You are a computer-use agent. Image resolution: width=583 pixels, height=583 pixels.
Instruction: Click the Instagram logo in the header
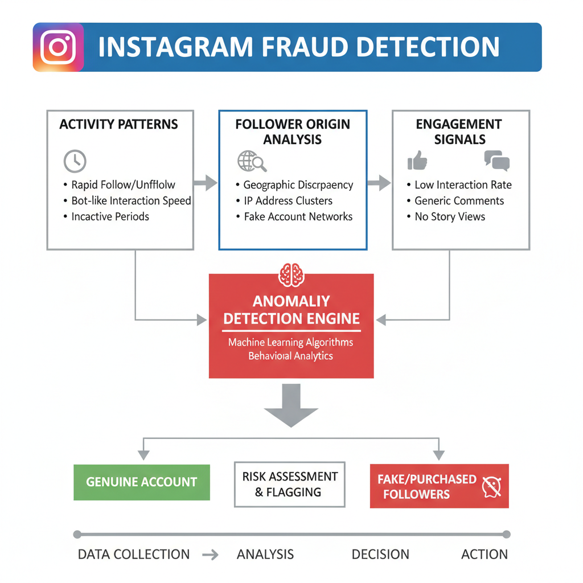[x=59, y=47]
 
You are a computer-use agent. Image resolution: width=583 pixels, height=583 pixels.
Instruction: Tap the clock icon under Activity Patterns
[x=75, y=161]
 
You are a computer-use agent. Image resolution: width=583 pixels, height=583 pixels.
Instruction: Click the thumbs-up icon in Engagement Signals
[x=417, y=161]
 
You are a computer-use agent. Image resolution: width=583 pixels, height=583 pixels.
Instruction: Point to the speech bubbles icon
[x=496, y=161]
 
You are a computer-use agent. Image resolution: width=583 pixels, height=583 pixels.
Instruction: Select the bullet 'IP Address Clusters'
[x=288, y=201]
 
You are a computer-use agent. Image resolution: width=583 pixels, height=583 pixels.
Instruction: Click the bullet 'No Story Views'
[x=450, y=217]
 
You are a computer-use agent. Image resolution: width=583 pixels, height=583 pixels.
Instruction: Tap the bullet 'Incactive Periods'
[x=110, y=217]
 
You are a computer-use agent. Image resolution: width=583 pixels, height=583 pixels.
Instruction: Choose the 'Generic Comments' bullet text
[x=459, y=201]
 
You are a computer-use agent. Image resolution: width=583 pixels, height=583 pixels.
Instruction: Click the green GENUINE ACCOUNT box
[x=142, y=482]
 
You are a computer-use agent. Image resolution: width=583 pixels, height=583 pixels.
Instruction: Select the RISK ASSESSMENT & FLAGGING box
[x=290, y=485]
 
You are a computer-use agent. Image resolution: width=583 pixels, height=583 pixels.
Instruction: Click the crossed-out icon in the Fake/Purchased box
[x=491, y=486]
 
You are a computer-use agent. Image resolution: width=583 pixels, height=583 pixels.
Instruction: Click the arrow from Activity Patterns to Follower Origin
[x=206, y=183]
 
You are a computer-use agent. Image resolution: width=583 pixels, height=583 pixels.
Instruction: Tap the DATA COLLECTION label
[x=134, y=555]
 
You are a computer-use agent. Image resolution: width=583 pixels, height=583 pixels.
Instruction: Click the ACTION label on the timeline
[x=485, y=555]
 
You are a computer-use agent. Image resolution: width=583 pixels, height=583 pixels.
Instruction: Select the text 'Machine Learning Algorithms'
[x=290, y=343]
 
